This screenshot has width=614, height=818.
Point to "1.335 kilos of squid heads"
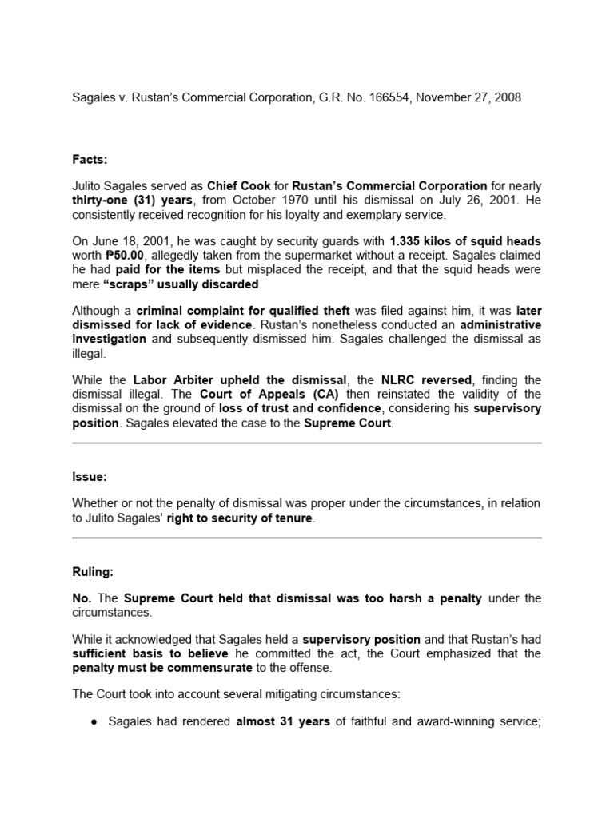click(465, 240)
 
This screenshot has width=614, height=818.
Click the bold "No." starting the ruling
click(83, 598)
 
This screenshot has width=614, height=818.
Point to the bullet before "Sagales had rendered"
click(94, 721)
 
